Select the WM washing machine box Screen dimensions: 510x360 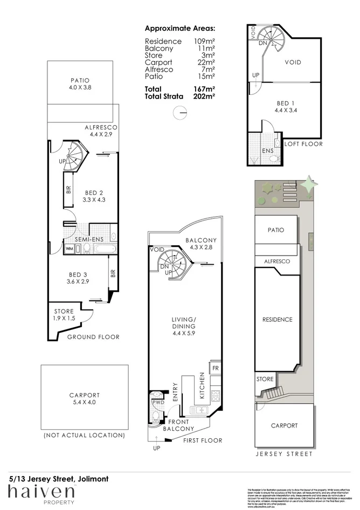pos(69,249)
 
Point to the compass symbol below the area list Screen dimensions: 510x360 pos(181,112)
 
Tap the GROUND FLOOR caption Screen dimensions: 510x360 pos(93,337)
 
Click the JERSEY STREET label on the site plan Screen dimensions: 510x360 pos(283,454)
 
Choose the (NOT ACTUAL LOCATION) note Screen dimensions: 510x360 pos(84,435)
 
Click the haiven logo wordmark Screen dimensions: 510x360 pos(41,491)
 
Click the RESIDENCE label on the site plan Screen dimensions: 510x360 pos(277,319)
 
